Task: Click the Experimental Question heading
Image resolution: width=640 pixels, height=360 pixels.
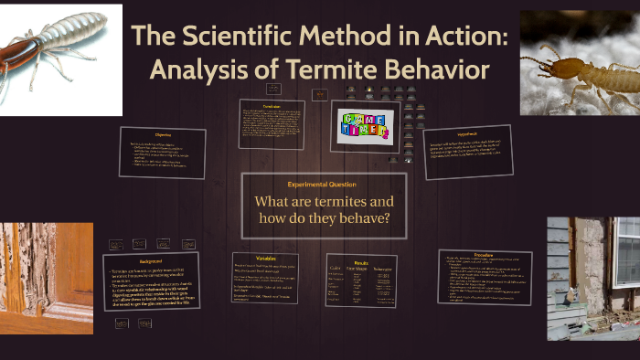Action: [x=322, y=184]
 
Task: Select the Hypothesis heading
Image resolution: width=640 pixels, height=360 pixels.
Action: [x=467, y=132]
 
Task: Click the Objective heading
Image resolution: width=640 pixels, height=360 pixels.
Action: [x=162, y=135]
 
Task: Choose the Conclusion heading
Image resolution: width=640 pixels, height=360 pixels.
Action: [x=272, y=105]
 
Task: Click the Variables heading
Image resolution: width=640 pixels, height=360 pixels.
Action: [x=264, y=258]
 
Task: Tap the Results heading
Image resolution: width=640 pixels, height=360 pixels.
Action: [x=361, y=262]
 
